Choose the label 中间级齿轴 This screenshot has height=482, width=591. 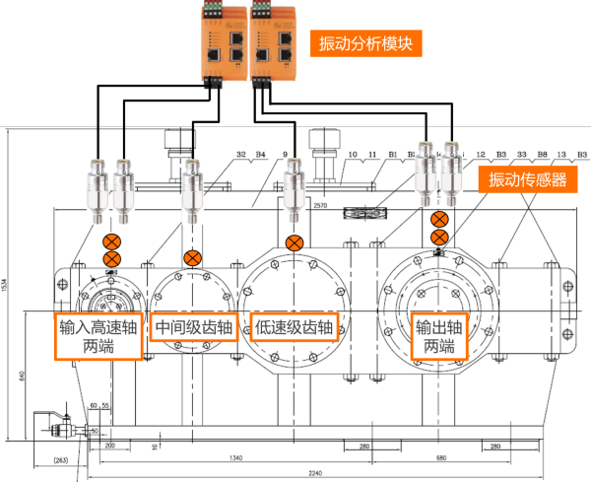(x=194, y=327)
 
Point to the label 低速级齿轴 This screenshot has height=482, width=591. (x=295, y=327)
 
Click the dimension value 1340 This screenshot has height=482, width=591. (x=233, y=458)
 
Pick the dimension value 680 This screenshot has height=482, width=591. (x=441, y=458)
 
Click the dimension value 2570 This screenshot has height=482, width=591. (x=319, y=207)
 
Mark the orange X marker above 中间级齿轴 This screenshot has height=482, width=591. (x=192, y=259)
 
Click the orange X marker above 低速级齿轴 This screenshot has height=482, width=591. (x=294, y=243)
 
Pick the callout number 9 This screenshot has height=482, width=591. (x=285, y=154)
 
